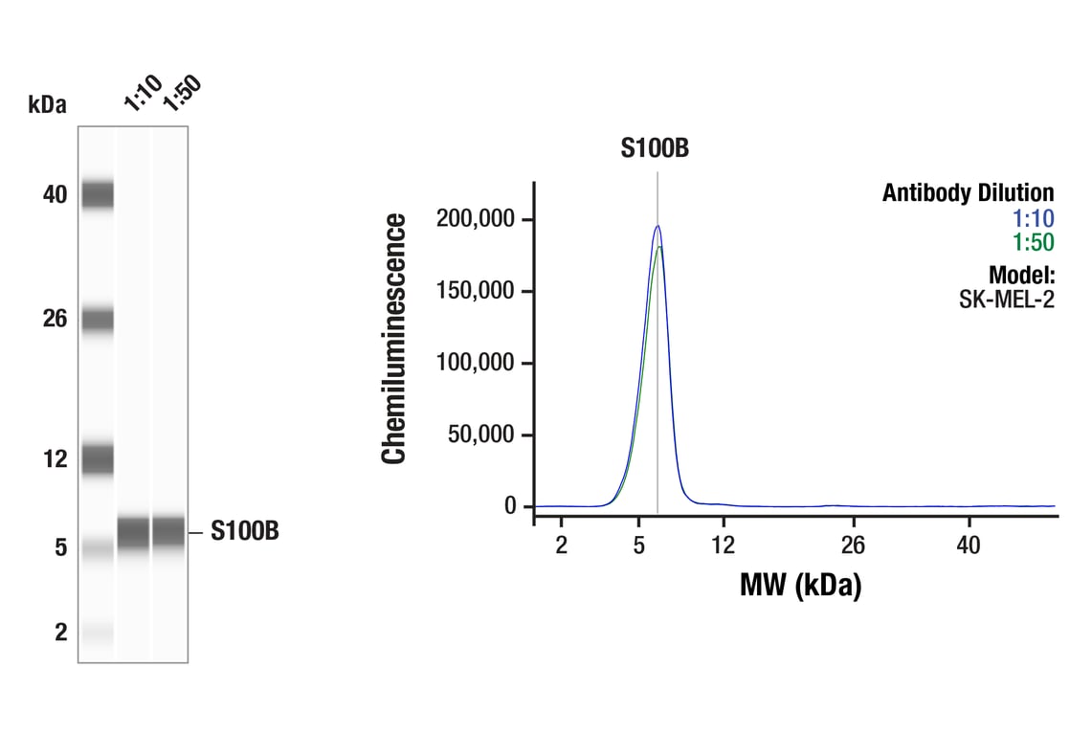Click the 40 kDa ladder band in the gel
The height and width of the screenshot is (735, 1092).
click(x=98, y=195)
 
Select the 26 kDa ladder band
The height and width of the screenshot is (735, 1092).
click(x=98, y=319)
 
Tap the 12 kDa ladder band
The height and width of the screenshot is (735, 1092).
click(x=98, y=458)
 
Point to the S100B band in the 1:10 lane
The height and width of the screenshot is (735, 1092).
click(x=133, y=532)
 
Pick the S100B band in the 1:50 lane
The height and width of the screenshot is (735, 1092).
click(x=168, y=531)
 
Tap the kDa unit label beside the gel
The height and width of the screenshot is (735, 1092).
click(x=48, y=104)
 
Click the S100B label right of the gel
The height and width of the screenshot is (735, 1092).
click(x=245, y=532)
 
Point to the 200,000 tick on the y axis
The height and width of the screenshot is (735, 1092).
click(x=476, y=219)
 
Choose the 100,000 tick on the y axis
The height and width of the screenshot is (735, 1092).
click(x=476, y=363)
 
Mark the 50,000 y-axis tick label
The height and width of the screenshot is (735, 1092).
click(x=480, y=434)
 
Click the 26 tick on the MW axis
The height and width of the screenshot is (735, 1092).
click(x=853, y=546)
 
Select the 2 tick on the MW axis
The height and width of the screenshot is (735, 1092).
click(x=561, y=546)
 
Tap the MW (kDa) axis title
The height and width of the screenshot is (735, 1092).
click(x=800, y=584)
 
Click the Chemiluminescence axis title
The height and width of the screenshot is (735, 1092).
click(x=394, y=339)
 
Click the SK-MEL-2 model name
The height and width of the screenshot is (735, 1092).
click(x=1006, y=300)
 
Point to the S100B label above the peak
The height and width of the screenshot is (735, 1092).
click(x=656, y=148)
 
